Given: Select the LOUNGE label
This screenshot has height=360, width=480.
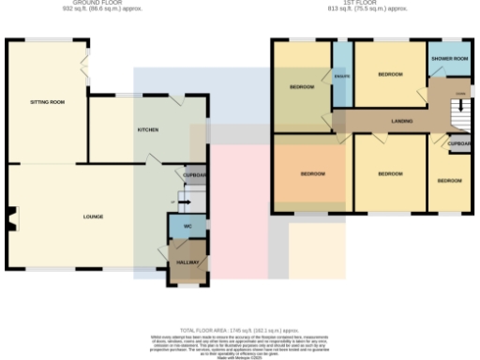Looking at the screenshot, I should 93,217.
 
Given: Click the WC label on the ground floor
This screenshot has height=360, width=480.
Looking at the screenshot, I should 187,227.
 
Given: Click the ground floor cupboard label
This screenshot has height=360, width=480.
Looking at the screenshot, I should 194,175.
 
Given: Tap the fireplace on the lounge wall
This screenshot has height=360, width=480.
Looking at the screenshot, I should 10,218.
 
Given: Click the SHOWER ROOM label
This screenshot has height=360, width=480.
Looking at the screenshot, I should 449,59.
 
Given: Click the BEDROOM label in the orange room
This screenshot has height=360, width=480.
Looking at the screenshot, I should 312,174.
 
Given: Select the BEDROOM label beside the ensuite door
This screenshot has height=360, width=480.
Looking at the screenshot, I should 302,87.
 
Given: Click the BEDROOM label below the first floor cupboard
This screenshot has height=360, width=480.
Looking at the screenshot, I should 448,180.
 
